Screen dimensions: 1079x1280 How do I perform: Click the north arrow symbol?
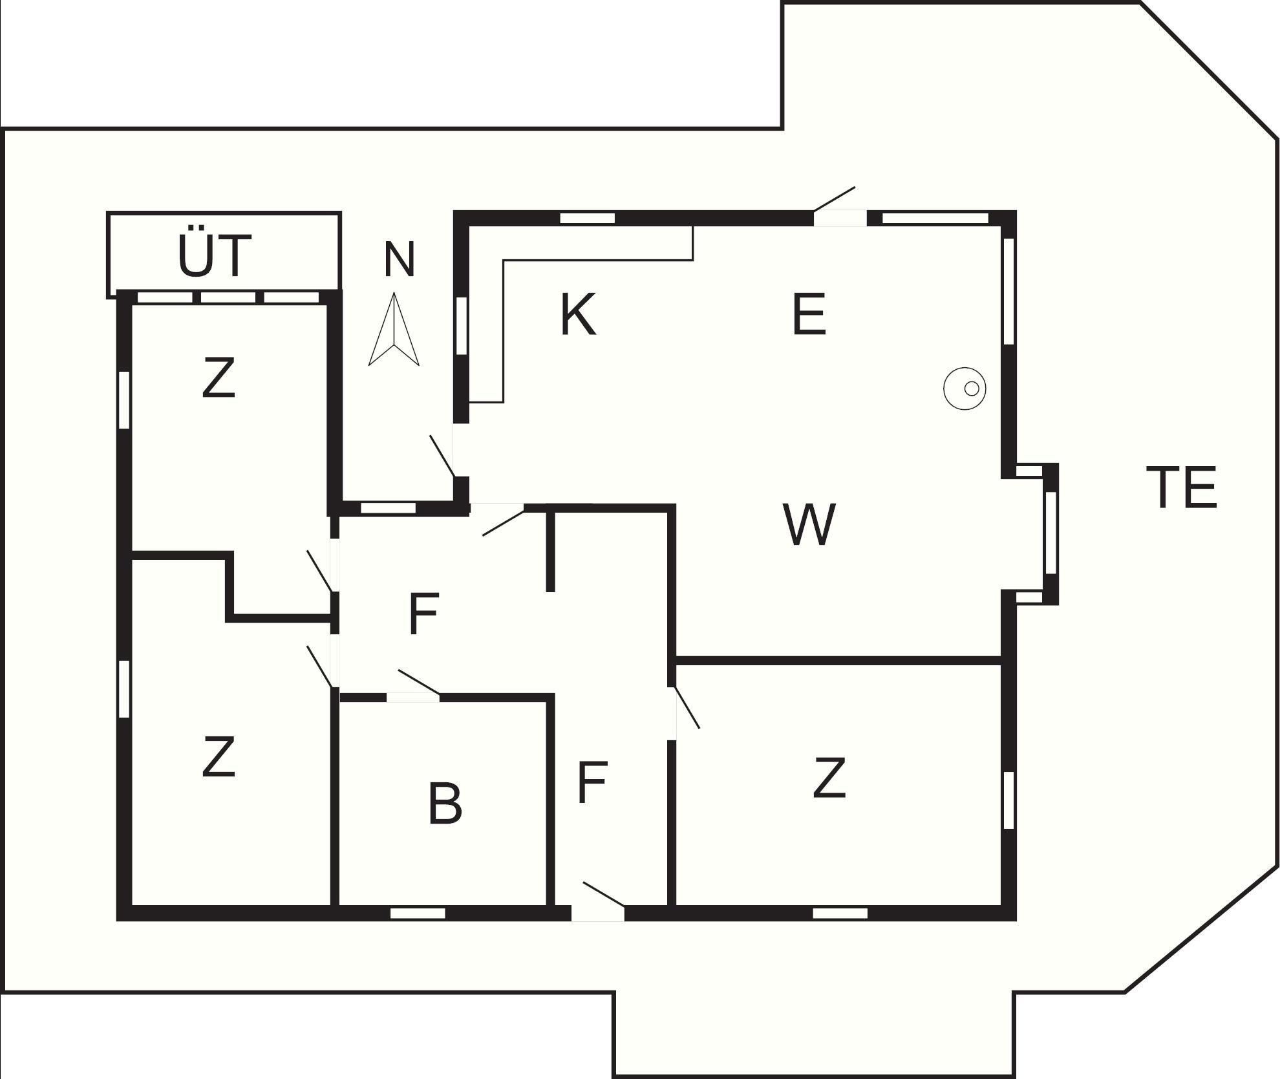[x=394, y=330]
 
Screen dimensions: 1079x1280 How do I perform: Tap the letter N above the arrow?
[x=399, y=259]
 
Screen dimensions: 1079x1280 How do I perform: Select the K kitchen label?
[x=577, y=315]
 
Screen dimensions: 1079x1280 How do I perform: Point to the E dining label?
[x=809, y=315]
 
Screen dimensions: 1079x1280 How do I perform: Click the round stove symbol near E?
[x=965, y=388]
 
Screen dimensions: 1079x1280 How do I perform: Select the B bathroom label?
[x=445, y=804]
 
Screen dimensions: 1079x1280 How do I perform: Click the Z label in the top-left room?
[x=218, y=378]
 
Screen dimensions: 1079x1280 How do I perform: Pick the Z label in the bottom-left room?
[x=218, y=757]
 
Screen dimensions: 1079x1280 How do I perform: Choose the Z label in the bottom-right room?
[x=829, y=779]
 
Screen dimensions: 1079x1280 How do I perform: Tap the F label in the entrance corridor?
[x=592, y=782]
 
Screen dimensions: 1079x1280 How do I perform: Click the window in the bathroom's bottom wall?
[x=418, y=913]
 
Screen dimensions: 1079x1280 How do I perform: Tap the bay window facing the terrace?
[x=1051, y=533]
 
